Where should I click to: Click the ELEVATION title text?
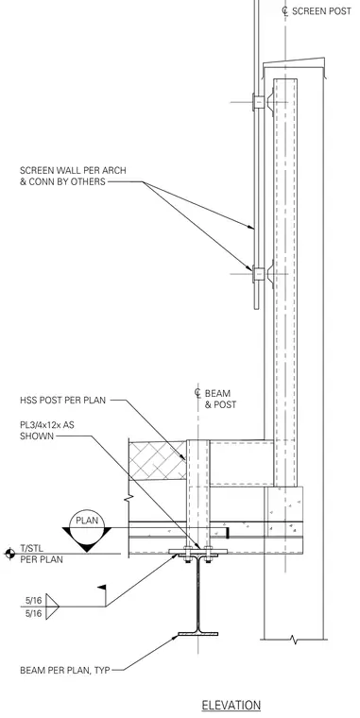(231, 705)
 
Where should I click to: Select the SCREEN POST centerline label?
(317, 11)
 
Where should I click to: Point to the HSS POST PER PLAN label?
(62, 401)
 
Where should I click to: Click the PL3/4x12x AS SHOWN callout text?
(47, 431)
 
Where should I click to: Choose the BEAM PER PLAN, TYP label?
(65, 671)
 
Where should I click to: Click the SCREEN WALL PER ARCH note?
(73, 176)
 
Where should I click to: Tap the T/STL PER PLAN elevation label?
(42, 554)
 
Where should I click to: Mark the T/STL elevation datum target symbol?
(9, 554)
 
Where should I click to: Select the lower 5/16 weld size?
(33, 613)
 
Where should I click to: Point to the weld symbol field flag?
(101, 587)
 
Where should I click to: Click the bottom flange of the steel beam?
(197, 634)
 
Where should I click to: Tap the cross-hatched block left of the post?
(158, 460)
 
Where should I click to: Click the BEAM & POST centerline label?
(215, 399)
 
